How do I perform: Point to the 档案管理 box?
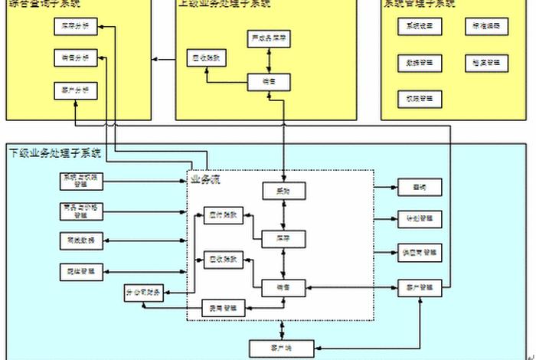[485, 62]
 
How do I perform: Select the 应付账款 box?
[224, 216]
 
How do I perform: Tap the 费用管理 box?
[224, 309]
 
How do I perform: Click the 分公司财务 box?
[144, 293]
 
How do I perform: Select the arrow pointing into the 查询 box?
[386, 187]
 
